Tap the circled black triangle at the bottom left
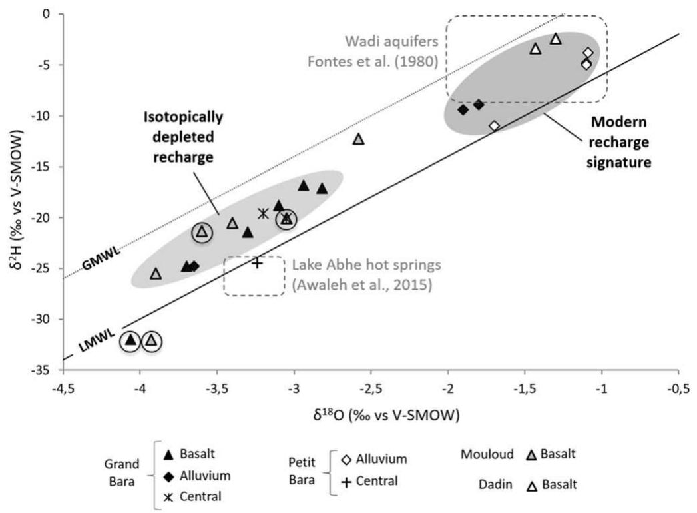click(x=131, y=340)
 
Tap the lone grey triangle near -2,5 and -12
click(x=359, y=139)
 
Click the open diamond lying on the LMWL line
click(x=494, y=125)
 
